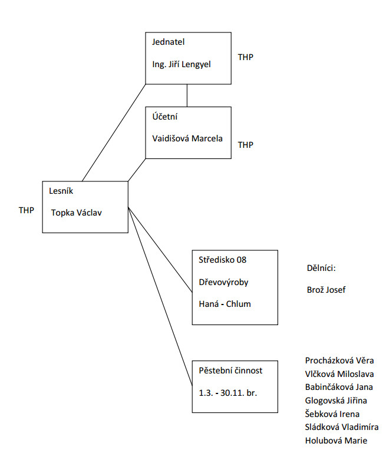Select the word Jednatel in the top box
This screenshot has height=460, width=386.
pos(169,42)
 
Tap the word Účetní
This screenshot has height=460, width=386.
pos(165,117)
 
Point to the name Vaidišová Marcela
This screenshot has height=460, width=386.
pos(187,139)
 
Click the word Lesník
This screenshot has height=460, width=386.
pos(62,191)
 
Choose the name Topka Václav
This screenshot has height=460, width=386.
pos(77,213)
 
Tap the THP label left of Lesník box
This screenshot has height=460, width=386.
pos(27,210)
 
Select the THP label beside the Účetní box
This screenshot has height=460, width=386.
pos(246,145)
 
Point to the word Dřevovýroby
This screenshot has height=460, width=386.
pos(223,282)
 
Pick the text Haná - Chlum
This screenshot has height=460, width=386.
pos(225,304)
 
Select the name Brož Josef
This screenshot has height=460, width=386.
pos(322,290)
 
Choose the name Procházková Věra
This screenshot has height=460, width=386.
pos(339,360)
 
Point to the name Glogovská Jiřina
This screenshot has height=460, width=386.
pos(336,401)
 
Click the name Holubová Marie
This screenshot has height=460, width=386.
pos(335,440)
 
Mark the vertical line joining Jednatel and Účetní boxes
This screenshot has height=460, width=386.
pos(187,95)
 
